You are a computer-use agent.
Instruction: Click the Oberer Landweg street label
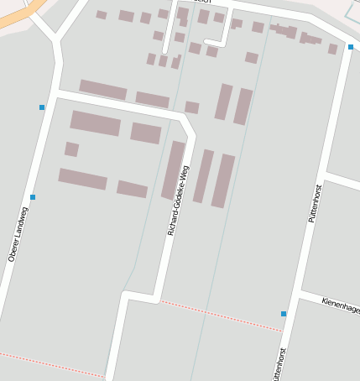(18, 234)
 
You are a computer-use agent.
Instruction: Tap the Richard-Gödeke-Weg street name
(178, 200)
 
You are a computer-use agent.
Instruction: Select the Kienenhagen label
(341, 305)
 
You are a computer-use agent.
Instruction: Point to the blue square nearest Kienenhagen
(284, 314)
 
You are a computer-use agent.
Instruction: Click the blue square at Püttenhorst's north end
(351, 47)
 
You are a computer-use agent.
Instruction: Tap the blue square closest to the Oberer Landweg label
(33, 197)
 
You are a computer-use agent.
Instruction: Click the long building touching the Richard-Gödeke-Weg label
(173, 170)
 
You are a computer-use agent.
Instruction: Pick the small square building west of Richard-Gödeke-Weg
(71, 149)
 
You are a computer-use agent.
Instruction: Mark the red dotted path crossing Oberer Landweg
(50, 365)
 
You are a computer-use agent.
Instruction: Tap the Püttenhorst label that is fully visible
(316, 202)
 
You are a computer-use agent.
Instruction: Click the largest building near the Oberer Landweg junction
(95, 123)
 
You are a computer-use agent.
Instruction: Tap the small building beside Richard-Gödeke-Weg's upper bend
(191, 107)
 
